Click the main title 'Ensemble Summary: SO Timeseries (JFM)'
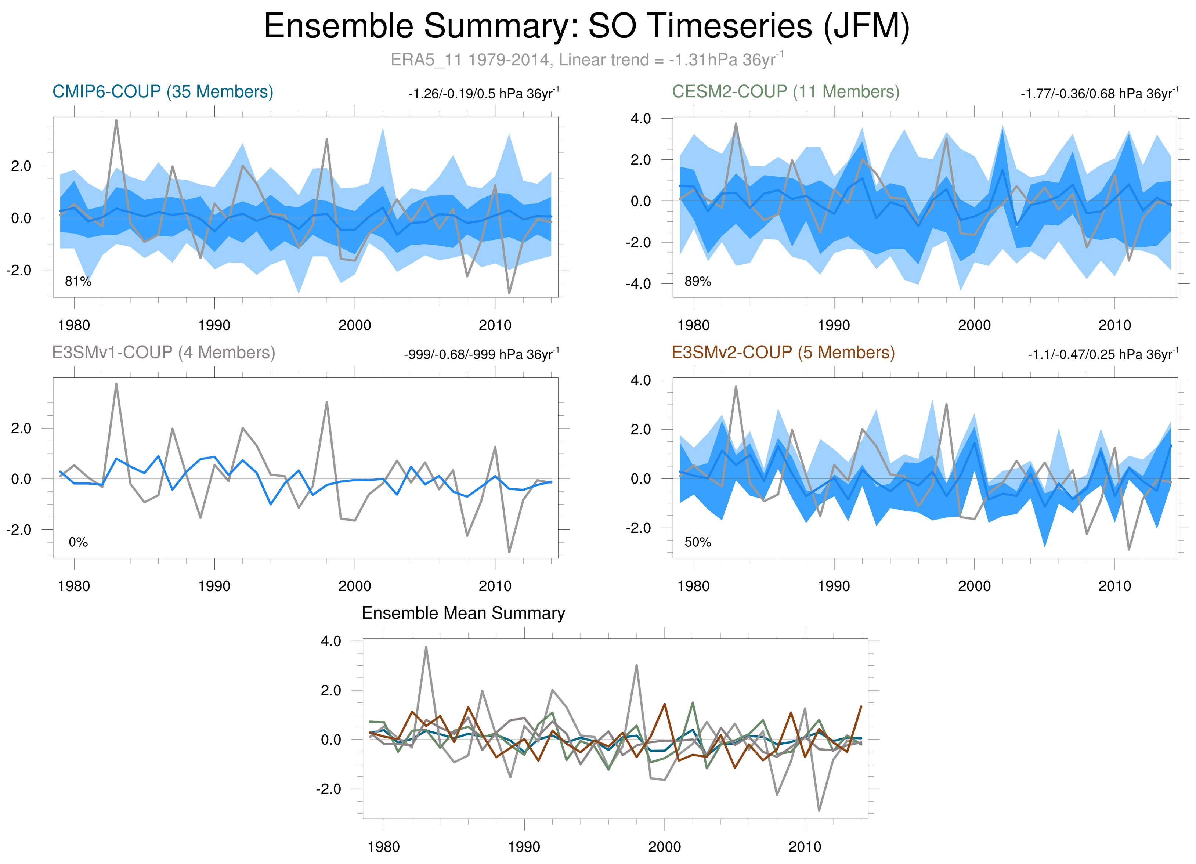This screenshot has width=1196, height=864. [x=586, y=26]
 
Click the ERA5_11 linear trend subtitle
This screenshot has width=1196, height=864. [x=586, y=59]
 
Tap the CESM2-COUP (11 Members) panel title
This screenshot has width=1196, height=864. [x=785, y=92]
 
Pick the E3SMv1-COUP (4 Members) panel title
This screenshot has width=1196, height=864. [x=163, y=352]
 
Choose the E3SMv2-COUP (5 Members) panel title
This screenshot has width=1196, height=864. [x=783, y=352]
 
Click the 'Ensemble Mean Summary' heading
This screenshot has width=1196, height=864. [x=463, y=613]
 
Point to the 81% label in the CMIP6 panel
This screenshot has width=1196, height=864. [x=78, y=282]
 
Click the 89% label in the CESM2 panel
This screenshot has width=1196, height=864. [x=698, y=282]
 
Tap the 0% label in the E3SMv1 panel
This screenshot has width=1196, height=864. [x=78, y=542]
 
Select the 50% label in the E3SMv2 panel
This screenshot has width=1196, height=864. [x=698, y=542]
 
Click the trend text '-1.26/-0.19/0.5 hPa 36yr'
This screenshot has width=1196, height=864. [x=483, y=94]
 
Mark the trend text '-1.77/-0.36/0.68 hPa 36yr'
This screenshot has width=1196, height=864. [x=1099, y=94]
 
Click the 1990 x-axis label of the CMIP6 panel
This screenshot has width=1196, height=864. [x=214, y=325]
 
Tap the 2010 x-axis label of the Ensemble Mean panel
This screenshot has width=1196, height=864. [x=805, y=847]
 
